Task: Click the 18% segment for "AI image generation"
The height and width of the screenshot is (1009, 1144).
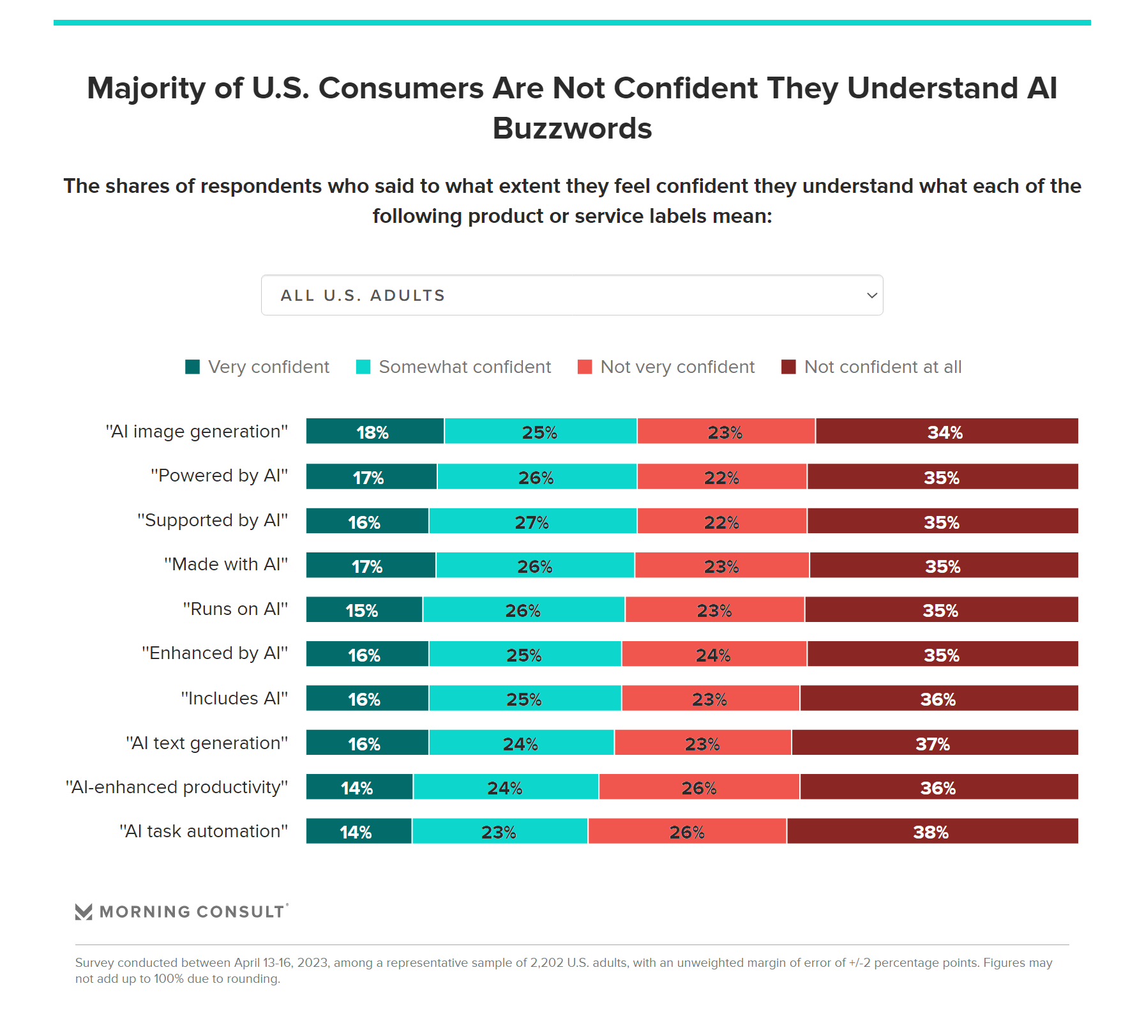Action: [375, 432]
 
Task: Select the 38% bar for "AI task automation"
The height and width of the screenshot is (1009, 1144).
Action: [932, 831]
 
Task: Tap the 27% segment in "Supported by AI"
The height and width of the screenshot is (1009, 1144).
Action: [532, 521]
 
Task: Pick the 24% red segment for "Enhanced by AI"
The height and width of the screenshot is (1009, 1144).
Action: [714, 655]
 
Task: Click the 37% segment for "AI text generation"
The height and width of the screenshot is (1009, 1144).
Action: [935, 743]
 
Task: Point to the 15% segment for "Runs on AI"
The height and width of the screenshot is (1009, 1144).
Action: [364, 610]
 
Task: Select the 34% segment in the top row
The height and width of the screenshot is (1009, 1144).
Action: [946, 432]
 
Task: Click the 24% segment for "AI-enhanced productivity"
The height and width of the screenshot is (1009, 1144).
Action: [506, 787]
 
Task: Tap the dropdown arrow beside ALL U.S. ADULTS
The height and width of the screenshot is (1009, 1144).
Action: [871, 296]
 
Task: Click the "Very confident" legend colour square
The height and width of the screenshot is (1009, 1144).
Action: [192, 367]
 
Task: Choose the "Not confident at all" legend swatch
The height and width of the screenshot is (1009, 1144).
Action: [788, 367]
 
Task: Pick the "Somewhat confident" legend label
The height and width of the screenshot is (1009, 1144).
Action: [464, 367]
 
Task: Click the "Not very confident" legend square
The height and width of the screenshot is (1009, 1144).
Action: [584, 367]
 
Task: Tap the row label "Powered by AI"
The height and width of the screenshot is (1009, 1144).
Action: [219, 476]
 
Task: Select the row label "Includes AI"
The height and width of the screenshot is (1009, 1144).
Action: [234, 699]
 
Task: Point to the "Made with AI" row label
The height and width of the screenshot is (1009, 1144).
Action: [226, 565]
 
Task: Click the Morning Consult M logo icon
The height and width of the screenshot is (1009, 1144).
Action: [84, 912]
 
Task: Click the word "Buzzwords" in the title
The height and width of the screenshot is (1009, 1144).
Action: [572, 128]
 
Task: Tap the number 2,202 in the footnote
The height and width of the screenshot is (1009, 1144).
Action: [546, 963]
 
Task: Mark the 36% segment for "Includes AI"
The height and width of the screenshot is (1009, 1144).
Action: [938, 699]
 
